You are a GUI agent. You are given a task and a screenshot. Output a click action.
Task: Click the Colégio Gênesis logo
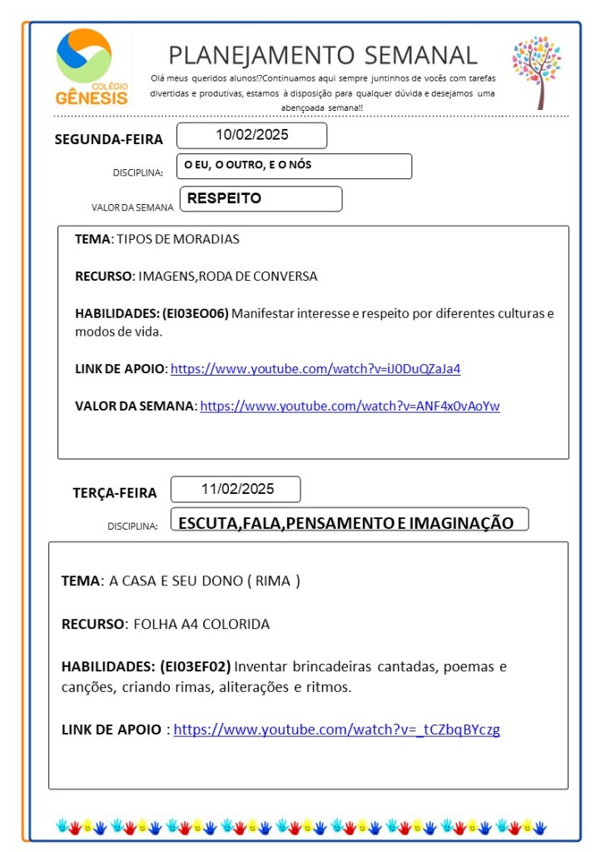92,67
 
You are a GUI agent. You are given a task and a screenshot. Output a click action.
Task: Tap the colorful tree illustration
536,71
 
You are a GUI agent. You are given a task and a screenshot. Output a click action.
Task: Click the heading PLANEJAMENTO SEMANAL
323,55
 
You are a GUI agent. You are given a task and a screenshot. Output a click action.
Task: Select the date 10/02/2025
251,135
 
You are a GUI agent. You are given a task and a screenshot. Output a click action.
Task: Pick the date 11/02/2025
236,489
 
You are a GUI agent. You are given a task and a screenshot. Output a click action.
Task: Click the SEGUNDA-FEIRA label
108,139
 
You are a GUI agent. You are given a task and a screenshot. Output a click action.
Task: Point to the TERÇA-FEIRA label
114,492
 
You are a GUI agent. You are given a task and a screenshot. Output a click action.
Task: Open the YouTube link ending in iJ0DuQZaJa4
315,368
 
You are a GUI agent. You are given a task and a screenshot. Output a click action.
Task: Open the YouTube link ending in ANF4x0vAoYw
350,406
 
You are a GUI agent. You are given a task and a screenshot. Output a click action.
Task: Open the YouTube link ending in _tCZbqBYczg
336,730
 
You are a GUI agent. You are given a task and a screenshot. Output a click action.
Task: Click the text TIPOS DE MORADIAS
177,239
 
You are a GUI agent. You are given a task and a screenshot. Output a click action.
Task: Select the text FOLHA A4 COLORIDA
201,624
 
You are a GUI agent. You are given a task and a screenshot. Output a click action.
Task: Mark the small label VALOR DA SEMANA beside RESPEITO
132,207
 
